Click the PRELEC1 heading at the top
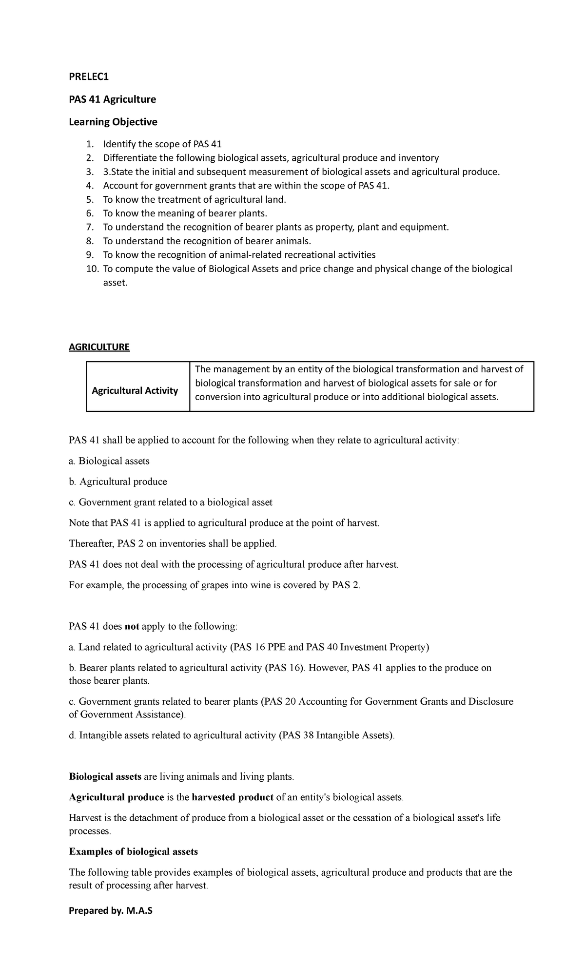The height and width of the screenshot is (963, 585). coord(89,77)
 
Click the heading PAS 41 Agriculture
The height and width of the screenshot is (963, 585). coord(112,99)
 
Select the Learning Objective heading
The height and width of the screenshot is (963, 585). coord(113,122)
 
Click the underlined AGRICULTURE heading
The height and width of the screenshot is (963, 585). coord(99,347)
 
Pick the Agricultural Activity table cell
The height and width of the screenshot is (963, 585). coord(135,390)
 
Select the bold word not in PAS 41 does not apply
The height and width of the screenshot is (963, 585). coord(132,626)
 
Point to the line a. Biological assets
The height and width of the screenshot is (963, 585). coord(109,461)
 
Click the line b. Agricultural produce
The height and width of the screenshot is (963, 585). coord(118,481)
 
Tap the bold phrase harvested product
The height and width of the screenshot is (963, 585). coord(233,797)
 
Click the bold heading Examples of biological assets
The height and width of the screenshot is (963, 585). coord(134,852)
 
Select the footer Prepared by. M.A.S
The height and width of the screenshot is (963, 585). coord(111,910)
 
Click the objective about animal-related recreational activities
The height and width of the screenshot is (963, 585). coord(239,255)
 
